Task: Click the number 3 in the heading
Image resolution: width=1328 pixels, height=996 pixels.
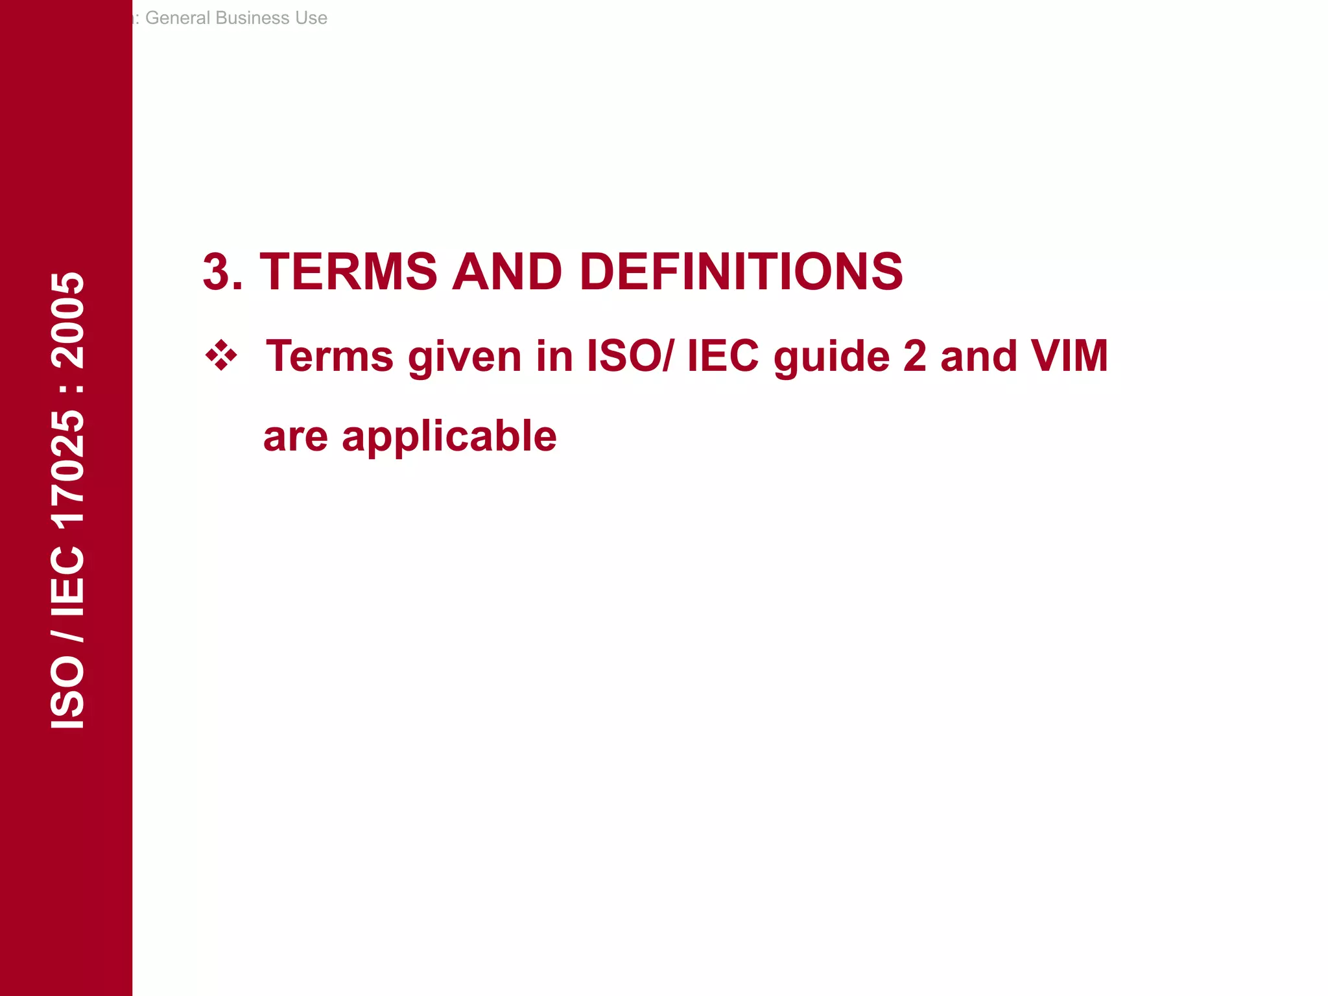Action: coord(217,272)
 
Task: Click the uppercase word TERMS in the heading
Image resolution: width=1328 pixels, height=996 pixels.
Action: coord(348,272)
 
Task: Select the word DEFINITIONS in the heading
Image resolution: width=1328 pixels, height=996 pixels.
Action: coord(741,272)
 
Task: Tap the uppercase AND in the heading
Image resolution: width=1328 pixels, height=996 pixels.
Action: coord(506,272)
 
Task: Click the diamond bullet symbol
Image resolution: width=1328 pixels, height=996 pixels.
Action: coord(221,355)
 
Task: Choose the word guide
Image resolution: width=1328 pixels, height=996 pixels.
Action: coord(832,357)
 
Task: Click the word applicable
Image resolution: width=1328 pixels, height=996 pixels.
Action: coord(449,437)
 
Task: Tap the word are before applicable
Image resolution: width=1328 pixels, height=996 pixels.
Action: coord(296,437)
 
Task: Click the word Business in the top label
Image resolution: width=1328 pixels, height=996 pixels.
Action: coord(252,18)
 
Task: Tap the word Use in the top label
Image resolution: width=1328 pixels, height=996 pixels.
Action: coord(311,18)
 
